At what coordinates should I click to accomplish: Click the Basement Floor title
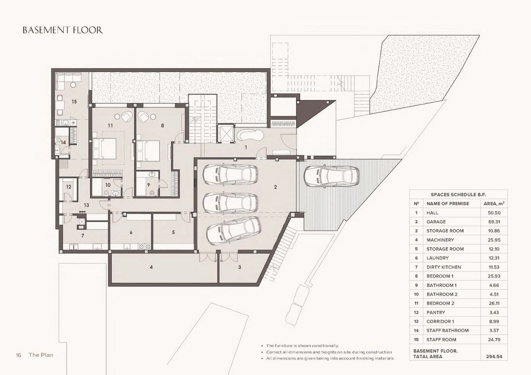[62, 31]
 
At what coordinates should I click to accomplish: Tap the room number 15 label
[74, 102]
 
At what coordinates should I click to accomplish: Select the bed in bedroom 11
[105, 149]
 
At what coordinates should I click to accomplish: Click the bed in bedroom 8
[148, 151]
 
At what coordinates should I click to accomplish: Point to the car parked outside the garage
[331, 176]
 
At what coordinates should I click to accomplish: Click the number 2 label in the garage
[275, 187]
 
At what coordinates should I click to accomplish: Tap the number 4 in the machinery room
[151, 267]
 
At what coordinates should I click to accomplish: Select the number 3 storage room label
[239, 267]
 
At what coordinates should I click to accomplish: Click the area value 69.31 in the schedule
[494, 222]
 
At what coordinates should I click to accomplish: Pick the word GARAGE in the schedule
[436, 222]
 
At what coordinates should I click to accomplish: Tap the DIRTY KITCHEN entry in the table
[443, 267]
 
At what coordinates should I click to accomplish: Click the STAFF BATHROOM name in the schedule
[447, 330]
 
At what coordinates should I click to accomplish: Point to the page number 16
[19, 355]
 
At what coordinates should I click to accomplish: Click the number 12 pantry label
[69, 187]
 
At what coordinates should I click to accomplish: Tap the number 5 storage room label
[173, 233]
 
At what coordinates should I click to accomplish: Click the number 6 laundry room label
[131, 233]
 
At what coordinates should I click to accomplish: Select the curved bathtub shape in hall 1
[250, 135]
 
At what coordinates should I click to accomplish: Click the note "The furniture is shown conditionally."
[303, 346]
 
